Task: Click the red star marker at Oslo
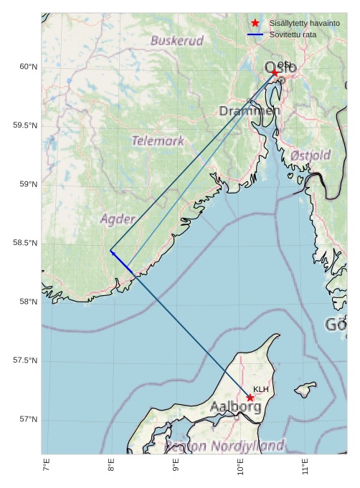(275, 72)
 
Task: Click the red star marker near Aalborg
(250, 398)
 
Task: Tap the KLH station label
(260, 389)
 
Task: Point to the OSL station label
(284, 65)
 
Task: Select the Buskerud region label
(177, 41)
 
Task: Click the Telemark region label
(158, 141)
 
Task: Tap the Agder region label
(118, 219)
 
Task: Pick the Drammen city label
(250, 111)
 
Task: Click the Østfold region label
(311, 156)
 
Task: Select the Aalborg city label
(235, 407)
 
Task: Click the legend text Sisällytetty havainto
(304, 24)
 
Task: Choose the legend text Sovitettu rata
(293, 34)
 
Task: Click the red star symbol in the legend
(255, 24)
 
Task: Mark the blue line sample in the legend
(255, 34)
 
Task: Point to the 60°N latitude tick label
(27, 67)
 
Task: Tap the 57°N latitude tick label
(27, 419)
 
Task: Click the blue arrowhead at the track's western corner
(112, 252)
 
